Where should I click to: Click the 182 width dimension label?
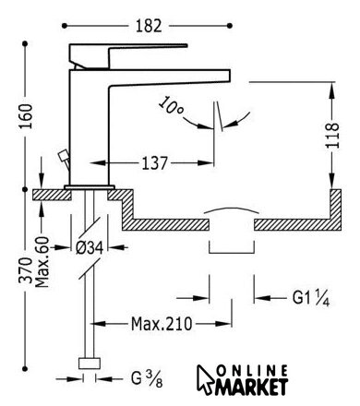(x=149, y=26)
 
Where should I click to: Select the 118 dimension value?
(x=332, y=136)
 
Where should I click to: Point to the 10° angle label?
(x=171, y=106)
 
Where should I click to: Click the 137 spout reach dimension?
(x=154, y=163)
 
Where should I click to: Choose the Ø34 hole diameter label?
(x=90, y=247)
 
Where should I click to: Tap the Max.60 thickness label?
(x=42, y=262)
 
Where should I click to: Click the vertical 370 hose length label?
(x=26, y=270)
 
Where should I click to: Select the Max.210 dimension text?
(x=162, y=324)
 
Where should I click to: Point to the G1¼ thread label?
(x=311, y=298)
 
